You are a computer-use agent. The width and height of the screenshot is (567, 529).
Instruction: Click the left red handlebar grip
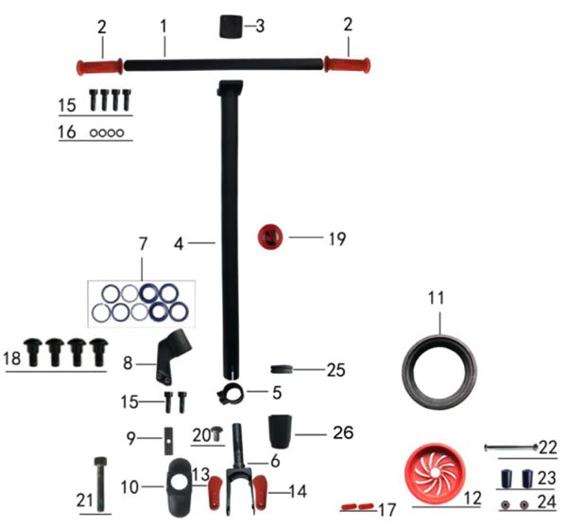pyautogui.click(x=99, y=67)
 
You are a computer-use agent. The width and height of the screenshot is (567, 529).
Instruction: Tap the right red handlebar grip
pyautogui.click(x=347, y=64)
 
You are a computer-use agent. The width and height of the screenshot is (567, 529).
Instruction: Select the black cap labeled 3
pyautogui.click(x=232, y=26)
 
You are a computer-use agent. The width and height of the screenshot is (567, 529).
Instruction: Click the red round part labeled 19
pyautogui.click(x=270, y=237)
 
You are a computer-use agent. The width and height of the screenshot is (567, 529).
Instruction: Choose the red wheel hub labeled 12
pyautogui.click(x=435, y=474)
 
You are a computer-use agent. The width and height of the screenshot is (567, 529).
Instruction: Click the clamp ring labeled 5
pyautogui.click(x=231, y=395)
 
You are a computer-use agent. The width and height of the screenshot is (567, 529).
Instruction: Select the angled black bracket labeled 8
pyautogui.click(x=172, y=357)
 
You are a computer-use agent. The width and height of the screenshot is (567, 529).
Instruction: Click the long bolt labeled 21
pyautogui.click(x=100, y=485)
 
